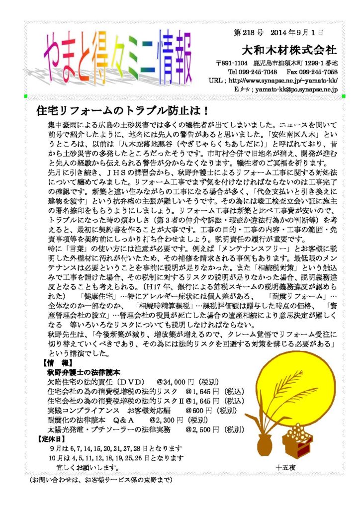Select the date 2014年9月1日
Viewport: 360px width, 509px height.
click(297, 32)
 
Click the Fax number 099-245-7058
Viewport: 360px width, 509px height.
click(319, 72)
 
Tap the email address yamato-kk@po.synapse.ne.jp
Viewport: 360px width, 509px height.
click(297, 89)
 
